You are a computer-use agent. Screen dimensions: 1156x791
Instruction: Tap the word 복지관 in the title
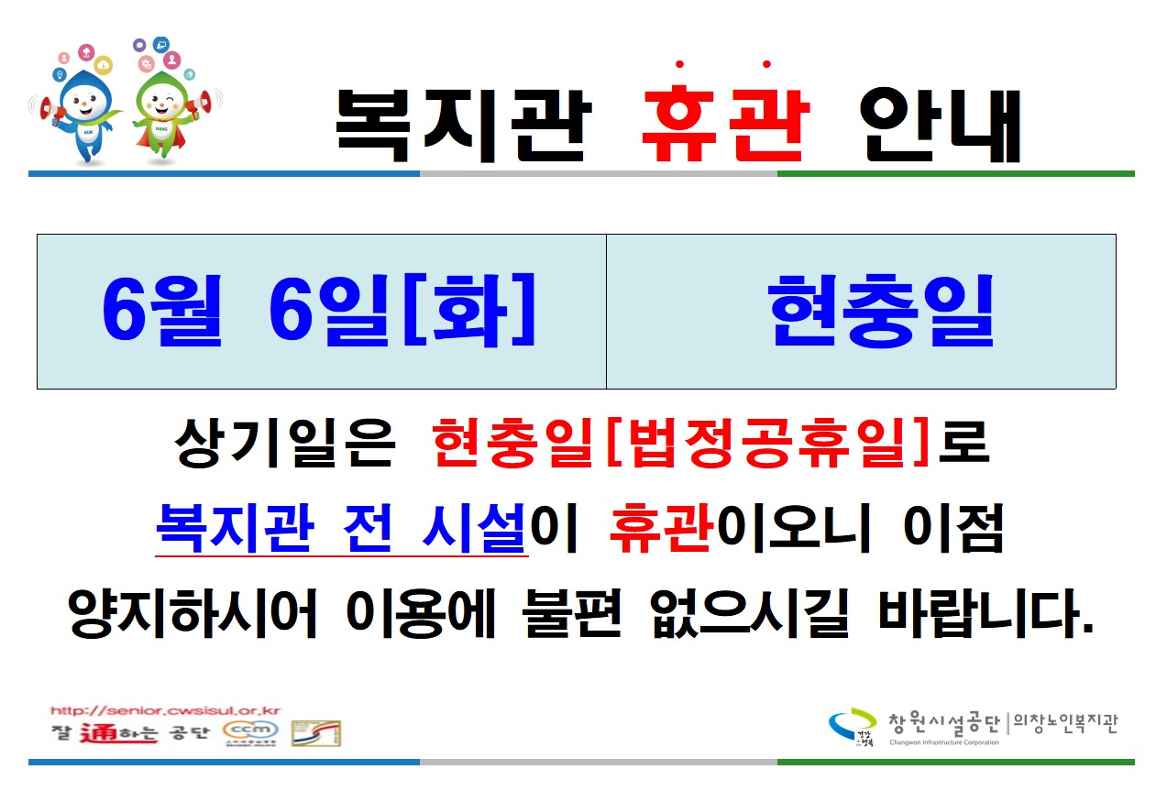(x=463, y=125)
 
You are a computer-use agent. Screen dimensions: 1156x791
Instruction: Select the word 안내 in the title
(x=940, y=125)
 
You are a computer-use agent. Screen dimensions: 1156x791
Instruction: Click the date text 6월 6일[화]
(x=319, y=311)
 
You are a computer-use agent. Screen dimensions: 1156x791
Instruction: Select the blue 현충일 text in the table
(x=880, y=311)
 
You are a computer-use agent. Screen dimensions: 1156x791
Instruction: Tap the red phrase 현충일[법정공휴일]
(x=681, y=443)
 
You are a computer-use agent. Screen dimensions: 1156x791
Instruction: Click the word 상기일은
(x=285, y=443)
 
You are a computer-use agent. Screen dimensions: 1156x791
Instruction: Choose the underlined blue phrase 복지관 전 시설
(x=341, y=528)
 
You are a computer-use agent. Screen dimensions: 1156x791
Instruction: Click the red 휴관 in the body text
(x=662, y=528)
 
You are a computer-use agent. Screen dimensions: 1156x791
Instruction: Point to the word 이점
(x=953, y=528)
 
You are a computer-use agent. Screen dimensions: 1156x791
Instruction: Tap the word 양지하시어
(x=192, y=613)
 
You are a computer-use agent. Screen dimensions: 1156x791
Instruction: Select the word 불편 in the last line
(x=571, y=613)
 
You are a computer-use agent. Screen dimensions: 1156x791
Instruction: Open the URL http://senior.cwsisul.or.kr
(x=165, y=710)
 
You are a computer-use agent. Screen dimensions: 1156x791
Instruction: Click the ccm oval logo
(x=250, y=730)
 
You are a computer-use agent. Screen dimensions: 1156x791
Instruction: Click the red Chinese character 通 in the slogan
(x=98, y=732)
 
